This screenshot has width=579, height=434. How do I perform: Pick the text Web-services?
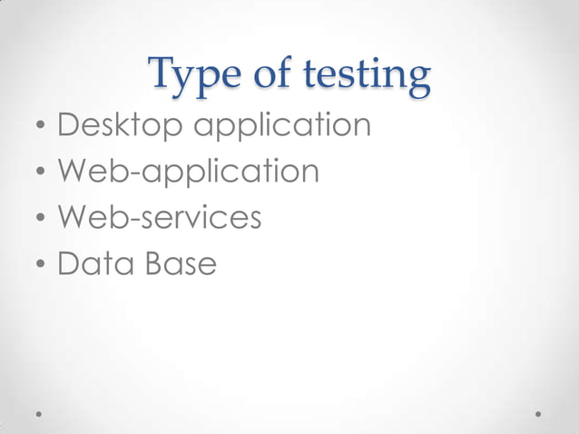point(160,218)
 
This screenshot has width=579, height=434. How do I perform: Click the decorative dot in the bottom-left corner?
point(39,413)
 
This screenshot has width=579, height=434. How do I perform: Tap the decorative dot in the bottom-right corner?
point(538,413)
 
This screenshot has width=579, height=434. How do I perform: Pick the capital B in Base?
point(150,264)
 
